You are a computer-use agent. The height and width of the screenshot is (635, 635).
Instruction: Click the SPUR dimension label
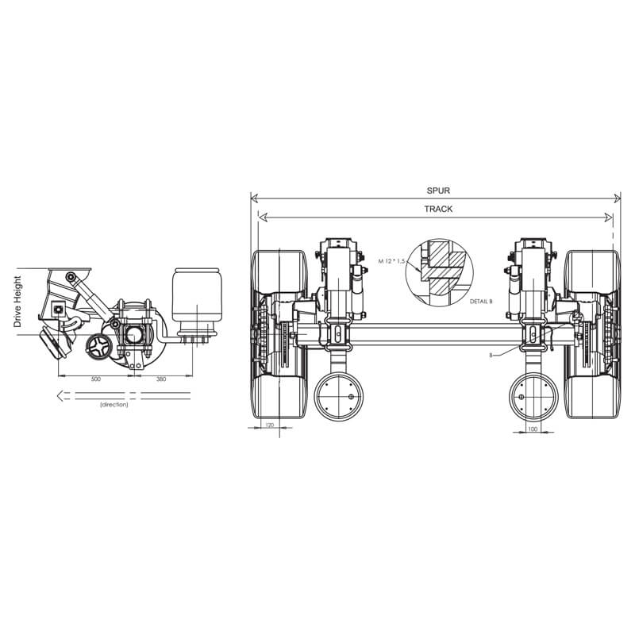pyautogui.click(x=438, y=190)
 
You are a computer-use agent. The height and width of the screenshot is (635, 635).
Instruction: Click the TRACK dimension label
pyautogui.click(x=438, y=209)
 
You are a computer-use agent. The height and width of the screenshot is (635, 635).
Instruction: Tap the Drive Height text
pyautogui.click(x=17, y=302)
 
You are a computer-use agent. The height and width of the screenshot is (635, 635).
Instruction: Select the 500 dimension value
pyautogui.click(x=95, y=379)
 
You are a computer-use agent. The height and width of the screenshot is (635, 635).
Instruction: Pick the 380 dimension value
pyautogui.click(x=161, y=379)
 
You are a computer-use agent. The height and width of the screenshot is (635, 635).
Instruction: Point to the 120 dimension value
pyautogui.click(x=270, y=425)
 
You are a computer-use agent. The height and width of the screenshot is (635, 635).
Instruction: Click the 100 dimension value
pyautogui.click(x=533, y=429)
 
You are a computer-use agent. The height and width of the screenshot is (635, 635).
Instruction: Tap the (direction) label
pyautogui.click(x=114, y=404)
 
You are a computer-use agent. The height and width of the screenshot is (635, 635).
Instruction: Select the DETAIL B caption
pyautogui.click(x=481, y=302)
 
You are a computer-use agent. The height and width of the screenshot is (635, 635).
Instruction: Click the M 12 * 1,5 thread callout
pyautogui.click(x=391, y=261)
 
